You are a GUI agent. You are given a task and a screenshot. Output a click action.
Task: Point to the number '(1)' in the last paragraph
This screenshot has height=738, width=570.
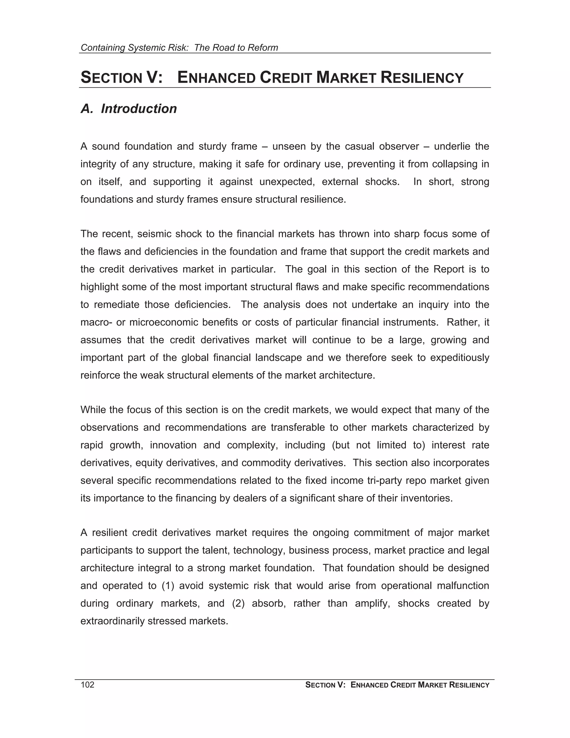[168, 586]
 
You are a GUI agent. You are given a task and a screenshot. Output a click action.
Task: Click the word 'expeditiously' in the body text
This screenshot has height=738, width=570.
[460, 358]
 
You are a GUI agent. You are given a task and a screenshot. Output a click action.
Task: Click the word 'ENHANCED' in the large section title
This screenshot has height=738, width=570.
[217, 78]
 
